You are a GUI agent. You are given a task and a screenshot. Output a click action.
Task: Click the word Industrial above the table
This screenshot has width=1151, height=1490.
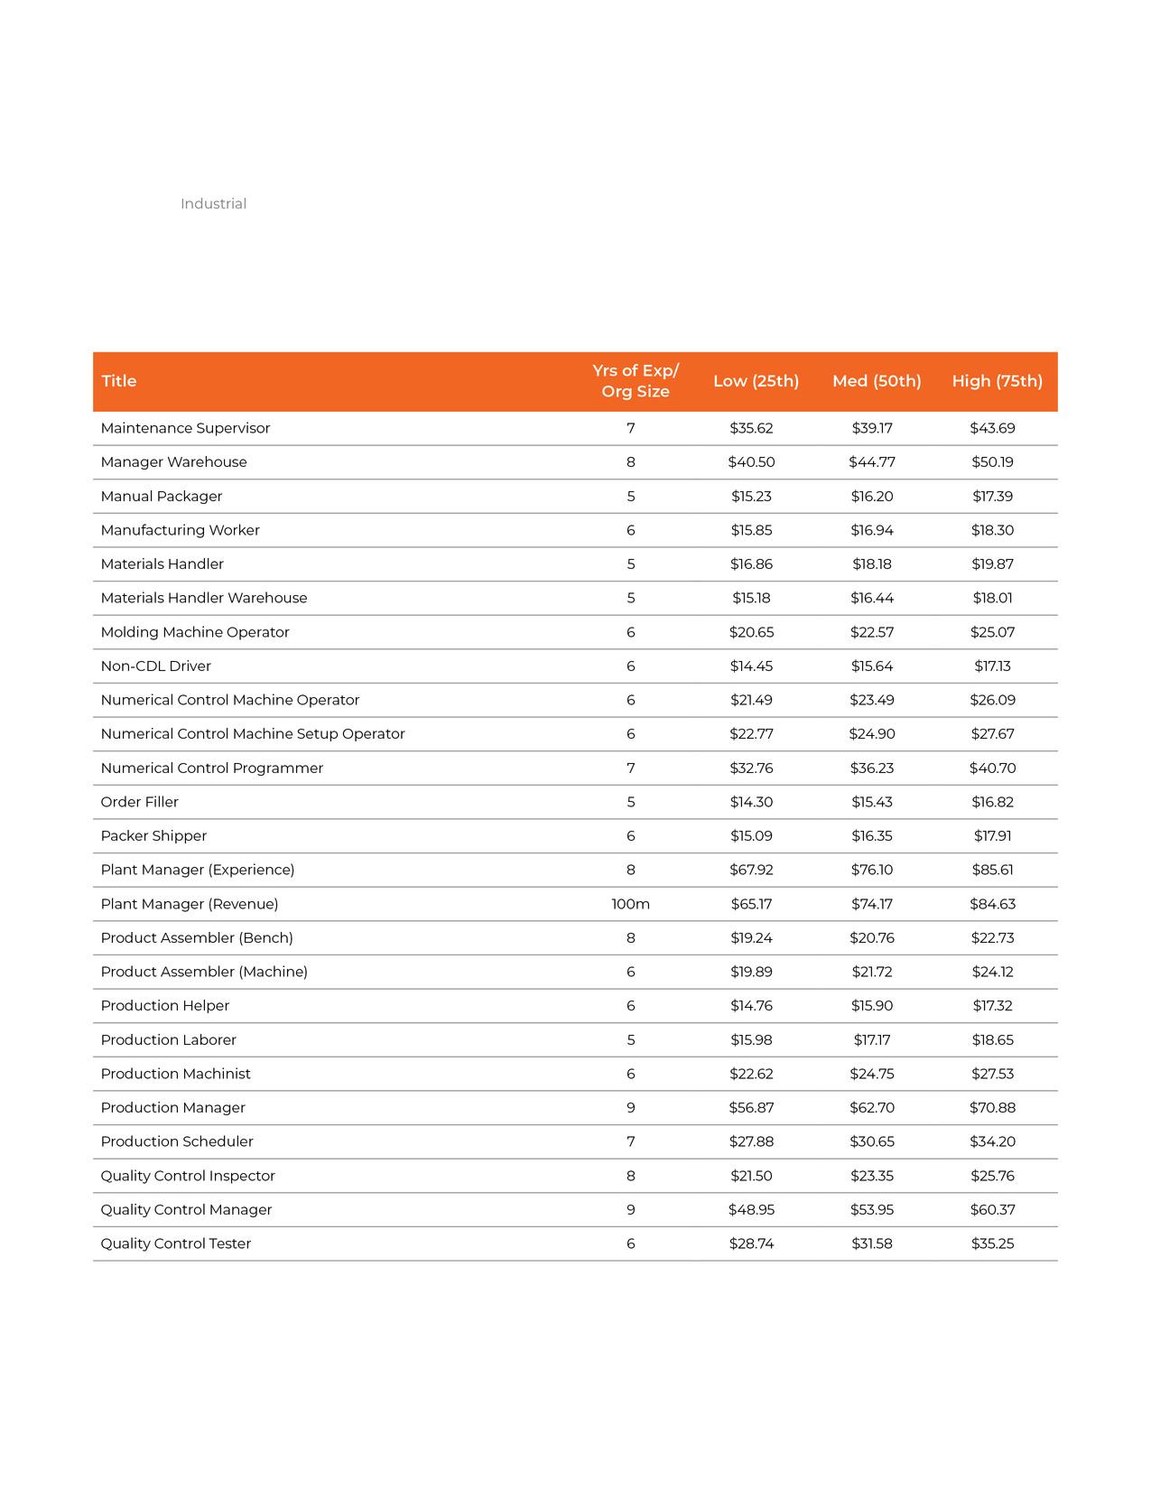tap(213, 204)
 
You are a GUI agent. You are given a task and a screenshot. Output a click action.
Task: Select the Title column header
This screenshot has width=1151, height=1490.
tap(119, 381)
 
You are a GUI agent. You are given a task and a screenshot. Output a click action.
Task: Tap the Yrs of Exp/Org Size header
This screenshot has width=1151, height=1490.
tap(636, 381)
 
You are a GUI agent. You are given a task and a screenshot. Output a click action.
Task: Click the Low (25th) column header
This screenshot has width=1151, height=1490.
tap(756, 381)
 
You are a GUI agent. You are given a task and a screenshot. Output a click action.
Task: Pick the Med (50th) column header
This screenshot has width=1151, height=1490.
tap(877, 381)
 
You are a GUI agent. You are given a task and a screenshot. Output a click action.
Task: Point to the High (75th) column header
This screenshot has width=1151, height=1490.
tap(997, 381)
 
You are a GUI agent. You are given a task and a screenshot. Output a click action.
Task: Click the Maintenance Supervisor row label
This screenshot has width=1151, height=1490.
tap(185, 428)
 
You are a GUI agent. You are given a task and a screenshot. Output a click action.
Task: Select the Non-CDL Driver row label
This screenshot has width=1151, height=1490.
tap(155, 666)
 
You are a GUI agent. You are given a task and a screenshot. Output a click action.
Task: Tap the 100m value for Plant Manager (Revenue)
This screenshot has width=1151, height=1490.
tap(630, 904)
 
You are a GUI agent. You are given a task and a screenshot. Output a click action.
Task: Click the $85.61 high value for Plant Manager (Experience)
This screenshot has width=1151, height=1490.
tap(992, 870)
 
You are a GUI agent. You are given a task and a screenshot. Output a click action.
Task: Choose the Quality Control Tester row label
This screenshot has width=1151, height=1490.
tap(175, 1243)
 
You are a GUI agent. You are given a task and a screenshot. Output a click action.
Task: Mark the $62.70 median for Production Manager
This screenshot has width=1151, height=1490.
tap(872, 1108)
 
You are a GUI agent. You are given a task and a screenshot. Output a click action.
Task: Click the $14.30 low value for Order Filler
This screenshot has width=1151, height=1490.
tap(751, 802)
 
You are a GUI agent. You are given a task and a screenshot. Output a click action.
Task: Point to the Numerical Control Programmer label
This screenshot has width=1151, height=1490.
tap(211, 768)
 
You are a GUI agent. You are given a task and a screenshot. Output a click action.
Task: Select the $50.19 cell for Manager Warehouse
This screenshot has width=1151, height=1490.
tap(992, 462)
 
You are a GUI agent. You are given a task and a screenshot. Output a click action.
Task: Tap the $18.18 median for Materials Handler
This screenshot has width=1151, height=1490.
tap(872, 564)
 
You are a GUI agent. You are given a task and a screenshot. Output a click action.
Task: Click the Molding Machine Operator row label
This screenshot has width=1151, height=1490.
tap(195, 632)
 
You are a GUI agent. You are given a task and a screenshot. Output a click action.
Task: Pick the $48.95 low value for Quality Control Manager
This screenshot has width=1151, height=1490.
tap(751, 1210)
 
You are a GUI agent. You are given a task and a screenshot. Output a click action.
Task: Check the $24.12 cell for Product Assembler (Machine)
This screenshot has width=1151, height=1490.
tap(992, 972)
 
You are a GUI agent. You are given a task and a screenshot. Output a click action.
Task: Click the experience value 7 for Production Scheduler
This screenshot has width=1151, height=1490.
tap(630, 1141)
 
